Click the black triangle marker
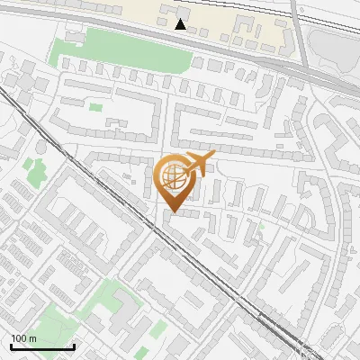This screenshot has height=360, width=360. [181, 24]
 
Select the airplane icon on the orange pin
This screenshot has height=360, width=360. [193, 166]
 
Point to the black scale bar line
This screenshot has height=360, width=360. [42, 346]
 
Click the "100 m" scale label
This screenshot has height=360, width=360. [23, 338]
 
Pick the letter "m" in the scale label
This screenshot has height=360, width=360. [32, 338]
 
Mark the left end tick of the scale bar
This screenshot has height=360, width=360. [11, 345]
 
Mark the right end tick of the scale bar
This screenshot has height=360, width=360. [74, 345]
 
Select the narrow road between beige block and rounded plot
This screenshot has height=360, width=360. [300, 36]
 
